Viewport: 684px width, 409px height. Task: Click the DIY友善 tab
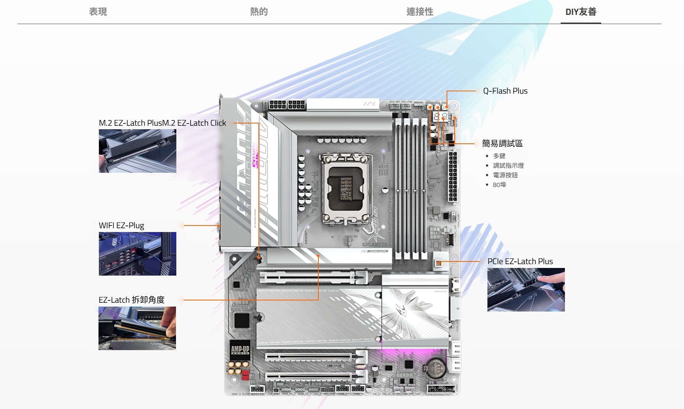[x=581, y=12]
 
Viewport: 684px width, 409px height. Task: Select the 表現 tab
[x=98, y=12]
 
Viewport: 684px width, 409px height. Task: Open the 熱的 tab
[x=259, y=12]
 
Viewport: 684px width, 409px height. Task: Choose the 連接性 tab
[x=420, y=12]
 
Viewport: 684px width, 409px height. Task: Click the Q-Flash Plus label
[x=505, y=91]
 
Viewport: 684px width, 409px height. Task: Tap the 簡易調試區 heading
[x=502, y=143]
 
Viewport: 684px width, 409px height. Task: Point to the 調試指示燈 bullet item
[x=508, y=166]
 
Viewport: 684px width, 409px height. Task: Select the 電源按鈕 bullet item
[x=505, y=175]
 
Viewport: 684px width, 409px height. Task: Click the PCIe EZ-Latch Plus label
[x=520, y=261]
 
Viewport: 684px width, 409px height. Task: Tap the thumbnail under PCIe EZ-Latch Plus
[x=526, y=290]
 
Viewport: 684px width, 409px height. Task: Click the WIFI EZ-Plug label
[x=121, y=226]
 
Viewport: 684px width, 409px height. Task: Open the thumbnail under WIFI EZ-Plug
[x=137, y=254]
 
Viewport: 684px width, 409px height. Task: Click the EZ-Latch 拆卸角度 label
[x=131, y=300]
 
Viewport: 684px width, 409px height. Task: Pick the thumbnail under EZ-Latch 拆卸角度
[x=137, y=328]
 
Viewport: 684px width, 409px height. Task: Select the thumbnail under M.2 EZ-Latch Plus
[x=137, y=151]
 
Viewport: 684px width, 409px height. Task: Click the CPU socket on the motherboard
[x=346, y=189]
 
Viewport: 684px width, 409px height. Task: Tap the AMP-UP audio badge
[x=240, y=349]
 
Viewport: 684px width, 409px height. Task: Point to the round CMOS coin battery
[x=435, y=367]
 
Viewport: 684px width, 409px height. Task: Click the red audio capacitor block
[x=245, y=375]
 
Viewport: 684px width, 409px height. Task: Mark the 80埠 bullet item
[x=499, y=185]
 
